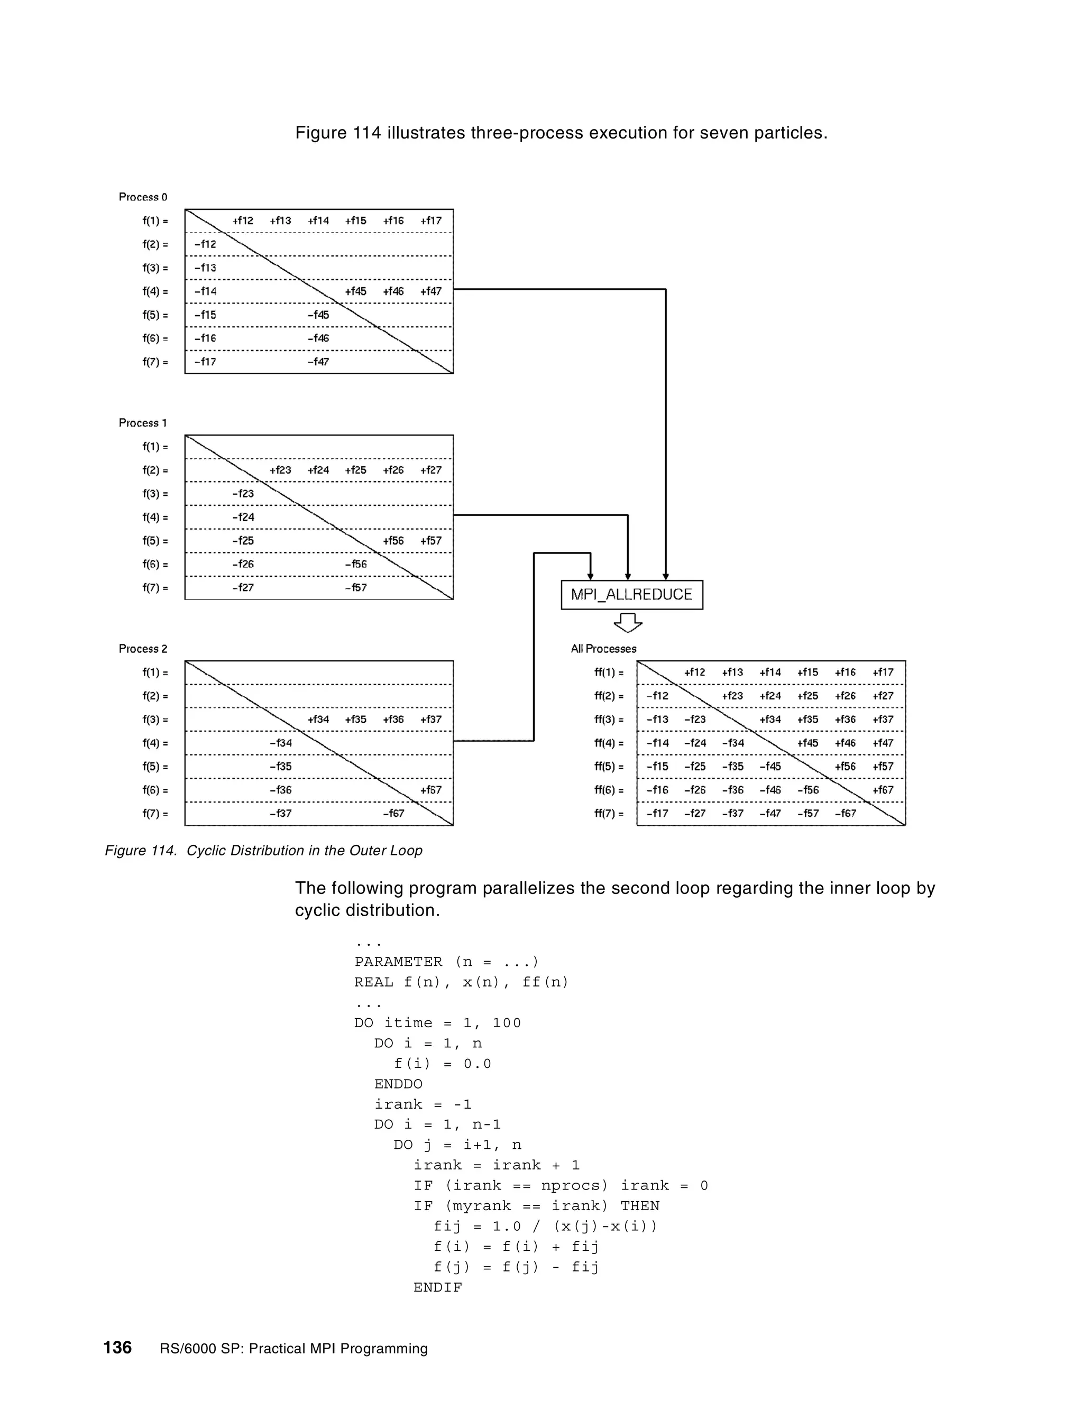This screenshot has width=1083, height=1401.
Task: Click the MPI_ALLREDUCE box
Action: pos(631,595)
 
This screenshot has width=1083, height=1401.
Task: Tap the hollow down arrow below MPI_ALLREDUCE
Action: pos(628,622)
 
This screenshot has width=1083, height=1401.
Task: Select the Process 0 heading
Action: pos(142,197)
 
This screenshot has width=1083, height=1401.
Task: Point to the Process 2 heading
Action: pos(142,649)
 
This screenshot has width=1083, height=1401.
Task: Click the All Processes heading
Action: pos(603,649)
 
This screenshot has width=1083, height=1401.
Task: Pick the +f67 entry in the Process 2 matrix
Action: pos(430,790)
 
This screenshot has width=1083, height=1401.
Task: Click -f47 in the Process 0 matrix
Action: pos(318,362)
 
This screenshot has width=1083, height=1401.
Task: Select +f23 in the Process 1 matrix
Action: pos(280,470)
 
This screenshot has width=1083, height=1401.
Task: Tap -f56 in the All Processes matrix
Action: pos(808,790)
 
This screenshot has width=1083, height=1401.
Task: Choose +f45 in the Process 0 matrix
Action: pos(355,291)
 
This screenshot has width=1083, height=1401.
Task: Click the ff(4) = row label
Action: pos(608,743)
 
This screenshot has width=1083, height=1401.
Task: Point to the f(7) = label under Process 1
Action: pos(154,587)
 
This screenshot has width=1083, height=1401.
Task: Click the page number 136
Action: pos(117,1347)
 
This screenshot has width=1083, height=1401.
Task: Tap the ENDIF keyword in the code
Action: pos(437,1287)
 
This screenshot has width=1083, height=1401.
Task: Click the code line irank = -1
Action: pos(423,1104)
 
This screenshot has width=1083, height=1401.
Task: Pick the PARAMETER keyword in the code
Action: pos(398,962)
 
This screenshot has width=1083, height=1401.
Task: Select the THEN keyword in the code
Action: pos(640,1206)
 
